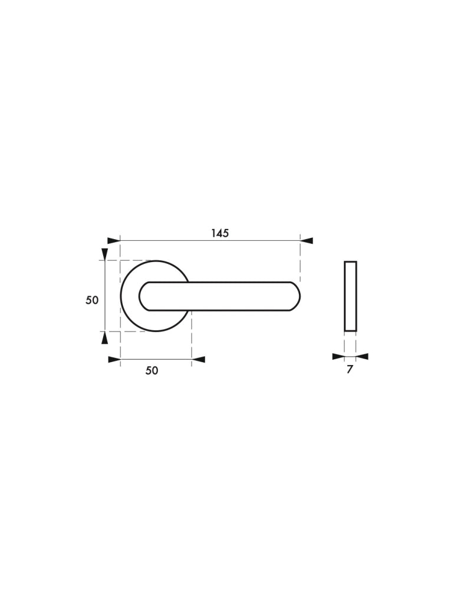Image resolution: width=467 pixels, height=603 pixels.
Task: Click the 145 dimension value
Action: click(220, 233)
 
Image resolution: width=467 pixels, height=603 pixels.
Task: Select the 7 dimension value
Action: click(350, 370)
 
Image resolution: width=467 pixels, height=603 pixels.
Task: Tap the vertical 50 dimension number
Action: click(92, 300)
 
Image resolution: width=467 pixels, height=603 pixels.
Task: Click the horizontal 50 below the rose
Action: click(152, 370)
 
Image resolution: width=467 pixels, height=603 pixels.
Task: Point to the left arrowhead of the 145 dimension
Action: click(114, 241)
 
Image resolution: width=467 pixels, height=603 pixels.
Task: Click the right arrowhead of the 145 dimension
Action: click(307, 241)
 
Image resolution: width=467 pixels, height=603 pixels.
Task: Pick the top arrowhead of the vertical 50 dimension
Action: click(104, 254)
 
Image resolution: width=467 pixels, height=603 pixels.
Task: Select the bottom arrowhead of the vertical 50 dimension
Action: click(104, 337)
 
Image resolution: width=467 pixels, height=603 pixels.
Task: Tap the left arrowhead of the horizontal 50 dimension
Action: click(114, 360)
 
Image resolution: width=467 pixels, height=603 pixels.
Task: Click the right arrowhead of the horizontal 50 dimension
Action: click(198, 360)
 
